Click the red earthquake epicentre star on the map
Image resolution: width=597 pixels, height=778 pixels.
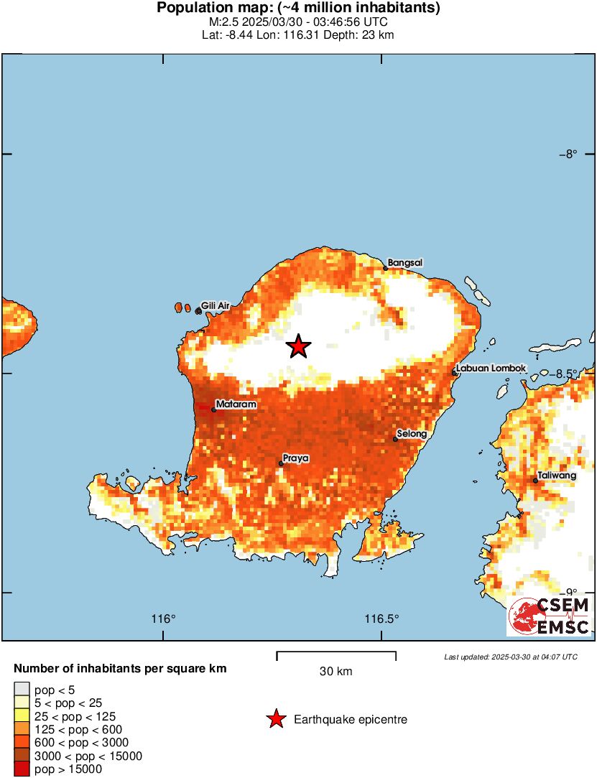coord(298,347)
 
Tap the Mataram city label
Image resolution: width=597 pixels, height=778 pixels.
coord(236,405)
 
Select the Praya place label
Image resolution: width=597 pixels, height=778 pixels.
coord(295,458)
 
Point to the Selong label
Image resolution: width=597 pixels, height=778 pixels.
coord(412,434)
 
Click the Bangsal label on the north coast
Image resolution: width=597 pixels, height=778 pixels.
coord(404,263)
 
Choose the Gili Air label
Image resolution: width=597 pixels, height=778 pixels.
coord(215,306)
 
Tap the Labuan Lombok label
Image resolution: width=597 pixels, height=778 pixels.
coord(491,369)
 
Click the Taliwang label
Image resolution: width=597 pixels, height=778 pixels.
coord(557,476)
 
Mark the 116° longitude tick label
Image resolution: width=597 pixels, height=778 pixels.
coord(164,619)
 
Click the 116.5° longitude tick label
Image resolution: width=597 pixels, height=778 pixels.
coord(381,619)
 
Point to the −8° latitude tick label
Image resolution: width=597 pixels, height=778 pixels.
coord(569,154)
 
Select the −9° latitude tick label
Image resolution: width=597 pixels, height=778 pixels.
coord(569,593)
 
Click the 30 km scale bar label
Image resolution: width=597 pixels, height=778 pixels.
coord(335,672)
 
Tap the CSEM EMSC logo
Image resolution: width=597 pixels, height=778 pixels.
coord(550,616)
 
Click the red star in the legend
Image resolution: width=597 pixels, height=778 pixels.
coord(275,719)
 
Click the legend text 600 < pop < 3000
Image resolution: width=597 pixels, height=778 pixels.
coord(78,743)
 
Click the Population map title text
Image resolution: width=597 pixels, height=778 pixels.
coord(298,9)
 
